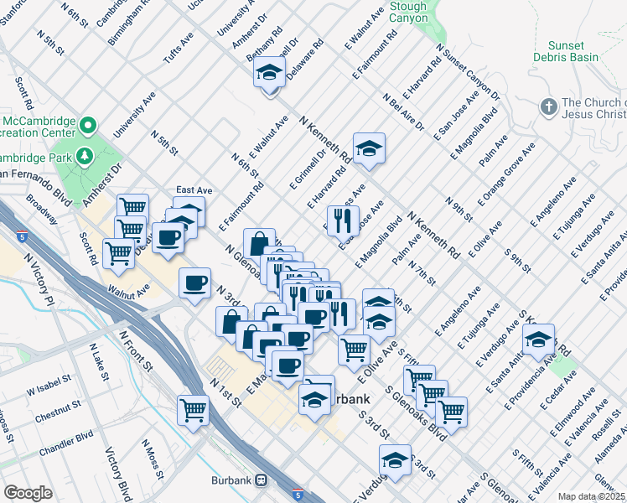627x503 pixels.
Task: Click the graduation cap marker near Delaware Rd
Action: pyautogui.click(x=270, y=73)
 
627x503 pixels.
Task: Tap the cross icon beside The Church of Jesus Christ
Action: pyautogui.click(x=548, y=107)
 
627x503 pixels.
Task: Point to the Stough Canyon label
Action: pyautogui.click(x=407, y=12)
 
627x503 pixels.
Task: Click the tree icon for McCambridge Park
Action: pyautogui.click(x=85, y=156)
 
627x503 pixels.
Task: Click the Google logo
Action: pyautogui.click(x=28, y=493)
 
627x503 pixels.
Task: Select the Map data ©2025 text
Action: pyautogui.click(x=591, y=496)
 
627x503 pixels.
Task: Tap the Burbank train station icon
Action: pyautogui.click(x=262, y=480)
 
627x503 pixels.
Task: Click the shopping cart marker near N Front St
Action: pyautogui.click(x=193, y=411)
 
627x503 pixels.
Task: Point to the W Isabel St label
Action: pyautogui.click(x=50, y=390)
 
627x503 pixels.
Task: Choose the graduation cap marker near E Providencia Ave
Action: pyautogui.click(x=537, y=340)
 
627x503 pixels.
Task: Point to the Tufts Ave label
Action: pyautogui.click(x=179, y=49)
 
